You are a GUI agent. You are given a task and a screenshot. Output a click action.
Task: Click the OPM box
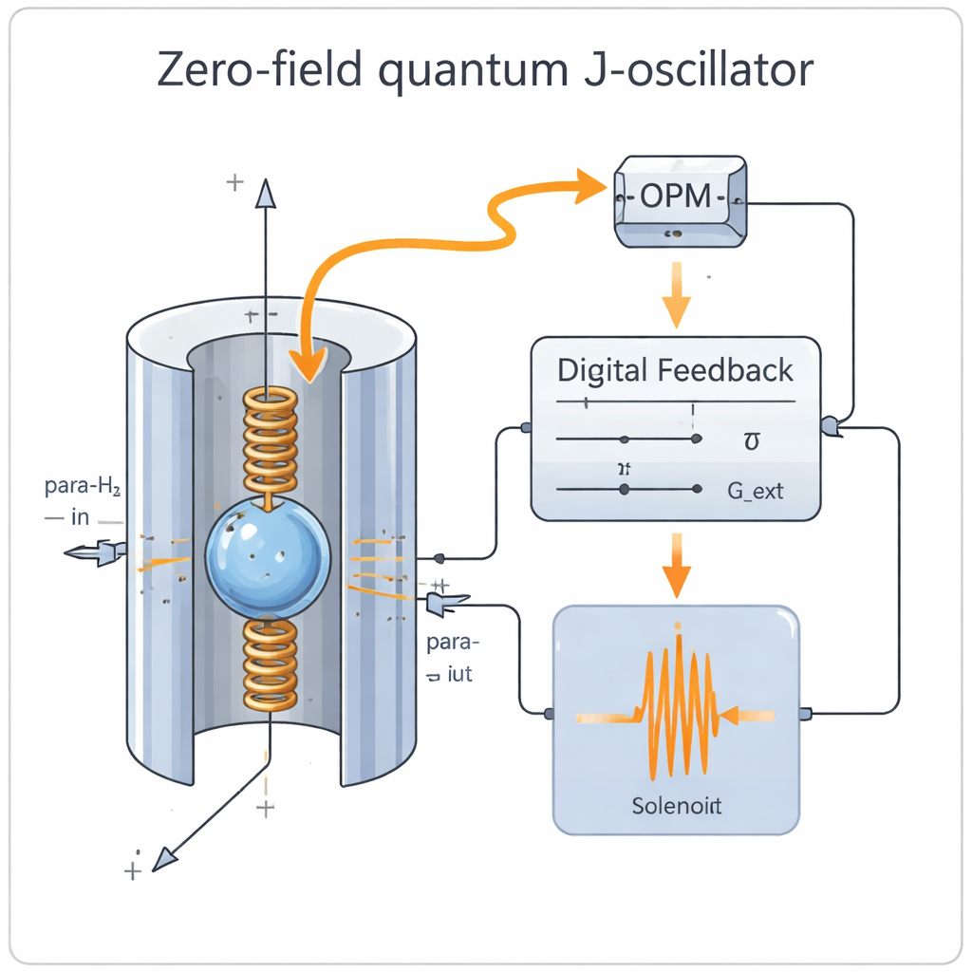coord(677,201)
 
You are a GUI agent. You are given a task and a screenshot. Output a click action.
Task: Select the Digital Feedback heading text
coord(675,370)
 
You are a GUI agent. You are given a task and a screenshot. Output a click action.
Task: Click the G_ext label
coord(755,491)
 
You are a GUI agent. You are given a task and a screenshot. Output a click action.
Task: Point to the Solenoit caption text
coord(676,807)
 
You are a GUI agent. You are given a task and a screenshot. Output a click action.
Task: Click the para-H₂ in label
coord(85,503)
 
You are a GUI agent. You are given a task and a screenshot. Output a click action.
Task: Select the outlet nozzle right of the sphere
coord(446,601)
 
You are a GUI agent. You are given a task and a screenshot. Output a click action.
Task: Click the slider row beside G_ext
coord(627,490)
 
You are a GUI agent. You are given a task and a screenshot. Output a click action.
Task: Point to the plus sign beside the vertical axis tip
coord(234,182)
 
